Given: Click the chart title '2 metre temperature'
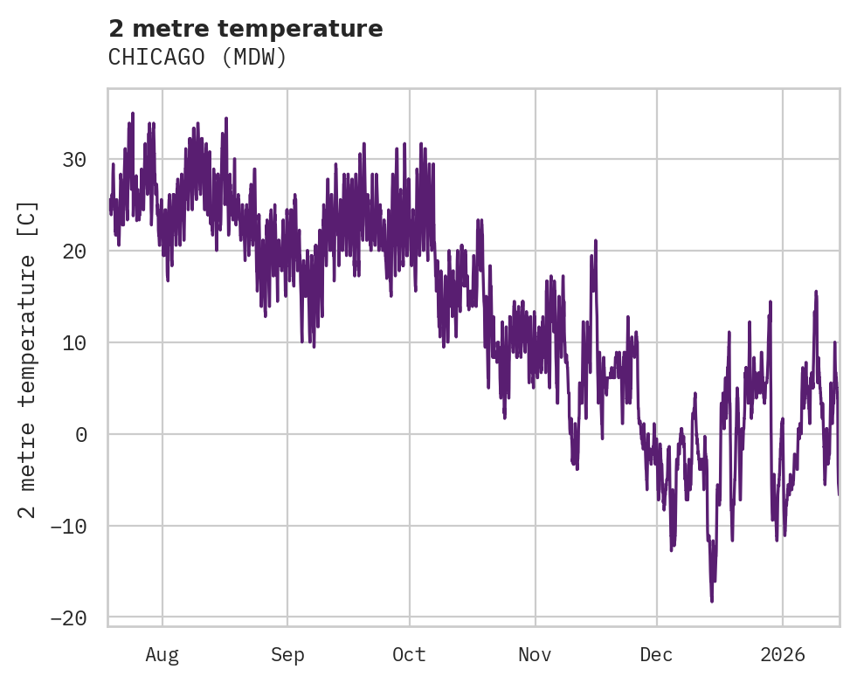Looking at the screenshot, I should [245, 29].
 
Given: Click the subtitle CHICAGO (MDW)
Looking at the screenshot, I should [197, 58].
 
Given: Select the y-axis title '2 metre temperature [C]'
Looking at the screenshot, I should [28, 359].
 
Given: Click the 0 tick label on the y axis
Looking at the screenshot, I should [81, 435].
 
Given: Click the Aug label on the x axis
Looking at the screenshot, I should [162, 655].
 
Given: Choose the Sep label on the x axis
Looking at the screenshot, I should [287, 655].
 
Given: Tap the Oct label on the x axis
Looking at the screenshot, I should [409, 655].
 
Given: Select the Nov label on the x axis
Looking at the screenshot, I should [535, 655].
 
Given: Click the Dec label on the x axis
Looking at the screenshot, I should [656, 655].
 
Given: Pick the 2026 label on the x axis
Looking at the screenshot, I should [782, 655].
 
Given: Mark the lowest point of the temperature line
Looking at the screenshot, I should [712, 601].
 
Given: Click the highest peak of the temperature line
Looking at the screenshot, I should [133, 114].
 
